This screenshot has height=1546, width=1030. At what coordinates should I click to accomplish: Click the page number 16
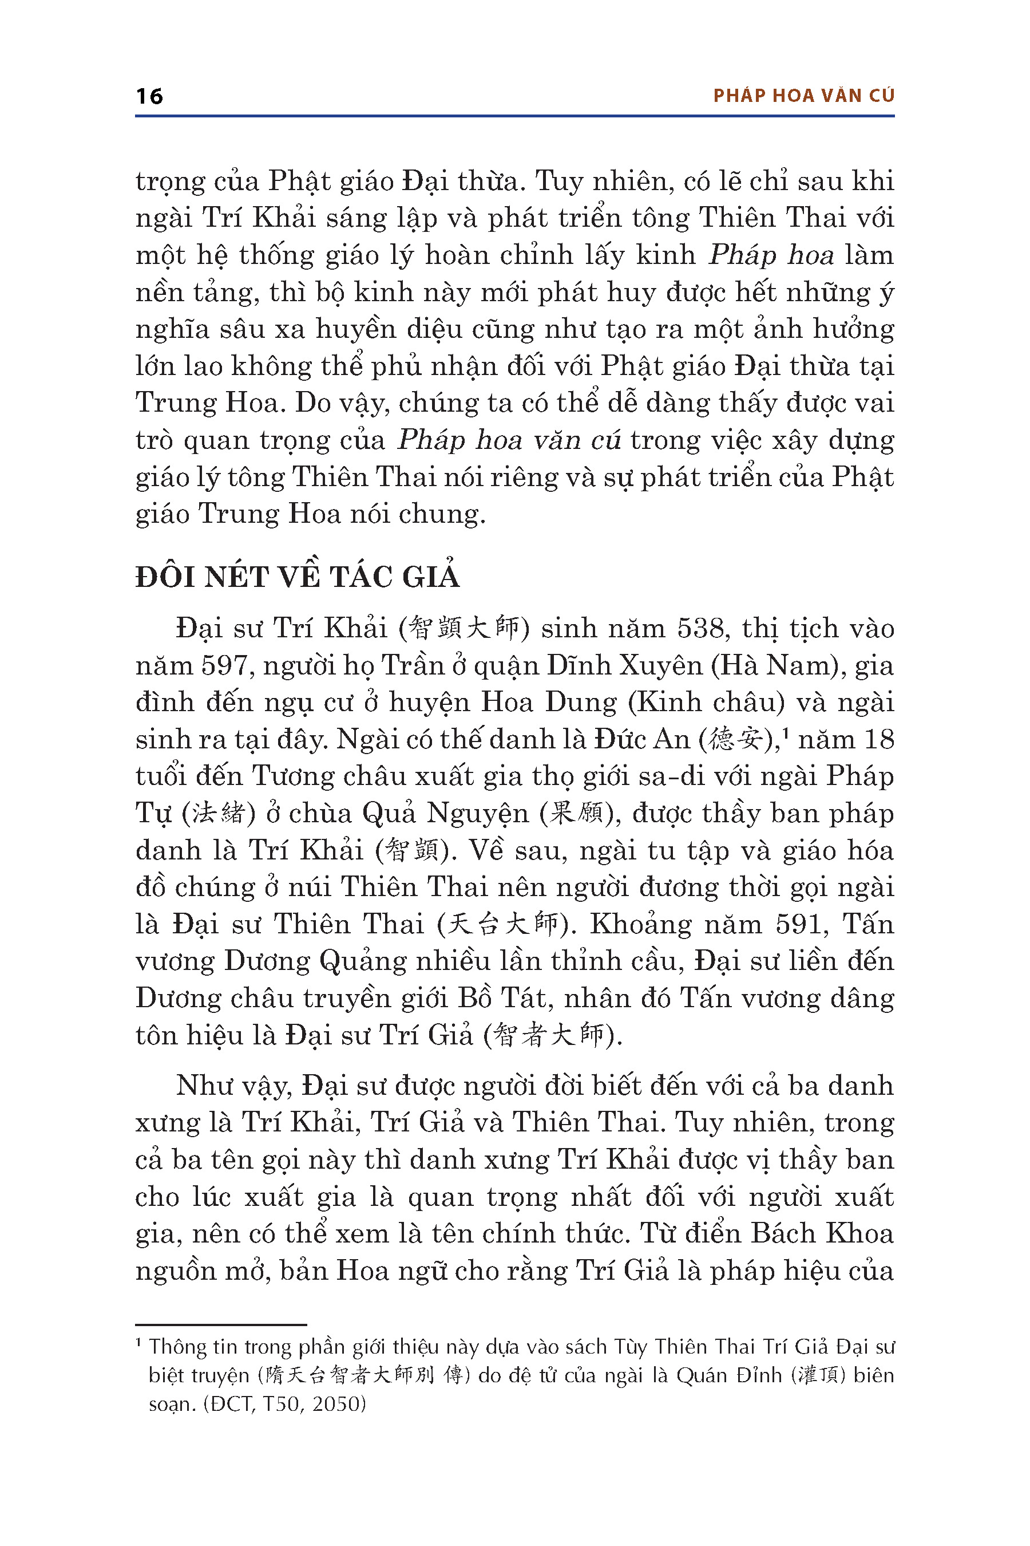[149, 97]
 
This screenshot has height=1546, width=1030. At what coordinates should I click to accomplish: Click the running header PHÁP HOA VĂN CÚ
[803, 96]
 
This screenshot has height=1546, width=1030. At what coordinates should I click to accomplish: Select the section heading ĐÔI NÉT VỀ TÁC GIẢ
[297, 577]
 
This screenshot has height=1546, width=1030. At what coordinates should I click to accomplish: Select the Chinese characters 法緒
[218, 814]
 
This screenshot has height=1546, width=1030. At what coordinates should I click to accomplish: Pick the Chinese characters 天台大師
[502, 925]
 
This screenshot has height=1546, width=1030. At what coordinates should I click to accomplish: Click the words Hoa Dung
[549, 703]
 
